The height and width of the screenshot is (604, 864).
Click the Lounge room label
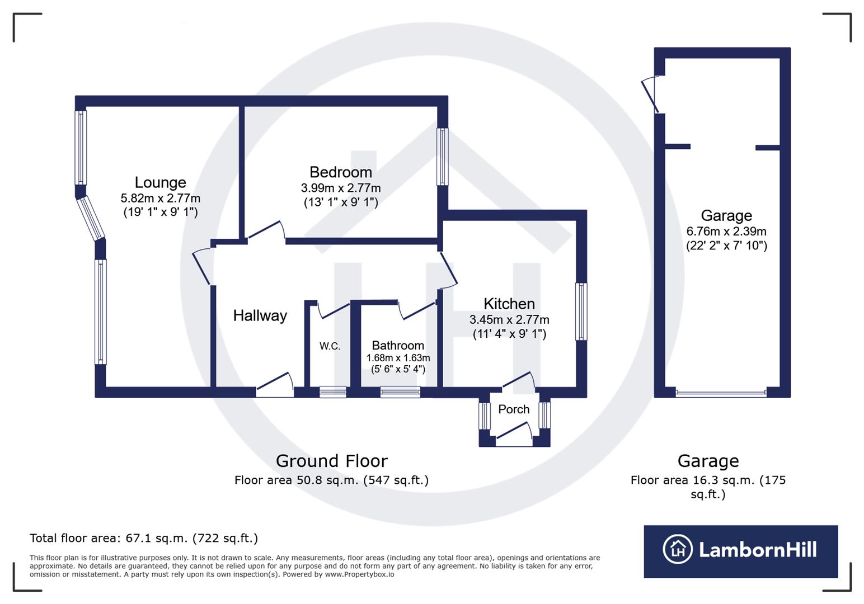tap(160, 182)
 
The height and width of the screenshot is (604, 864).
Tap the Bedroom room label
tap(340, 172)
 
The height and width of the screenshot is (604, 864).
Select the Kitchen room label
tap(509, 304)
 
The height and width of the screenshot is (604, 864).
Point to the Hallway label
tap(260, 315)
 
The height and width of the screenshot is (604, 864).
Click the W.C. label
tap(330, 346)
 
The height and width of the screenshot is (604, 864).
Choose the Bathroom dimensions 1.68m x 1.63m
tap(398, 358)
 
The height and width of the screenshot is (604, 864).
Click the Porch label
tap(513, 409)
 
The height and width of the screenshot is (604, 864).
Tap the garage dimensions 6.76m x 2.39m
tap(726, 231)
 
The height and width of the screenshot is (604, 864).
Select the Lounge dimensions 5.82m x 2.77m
tap(160, 198)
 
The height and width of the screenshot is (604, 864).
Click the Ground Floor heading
tap(331, 461)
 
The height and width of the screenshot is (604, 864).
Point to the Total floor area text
tap(143, 538)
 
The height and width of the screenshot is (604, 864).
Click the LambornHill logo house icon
tap(677, 549)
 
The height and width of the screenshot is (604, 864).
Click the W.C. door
tap(334, 310)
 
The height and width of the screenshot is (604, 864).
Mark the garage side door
tap(651, 94)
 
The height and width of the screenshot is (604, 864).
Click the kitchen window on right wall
tap(581, 312)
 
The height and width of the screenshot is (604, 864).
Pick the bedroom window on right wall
tap(442, 157)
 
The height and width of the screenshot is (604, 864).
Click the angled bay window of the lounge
tap(91, 218)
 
